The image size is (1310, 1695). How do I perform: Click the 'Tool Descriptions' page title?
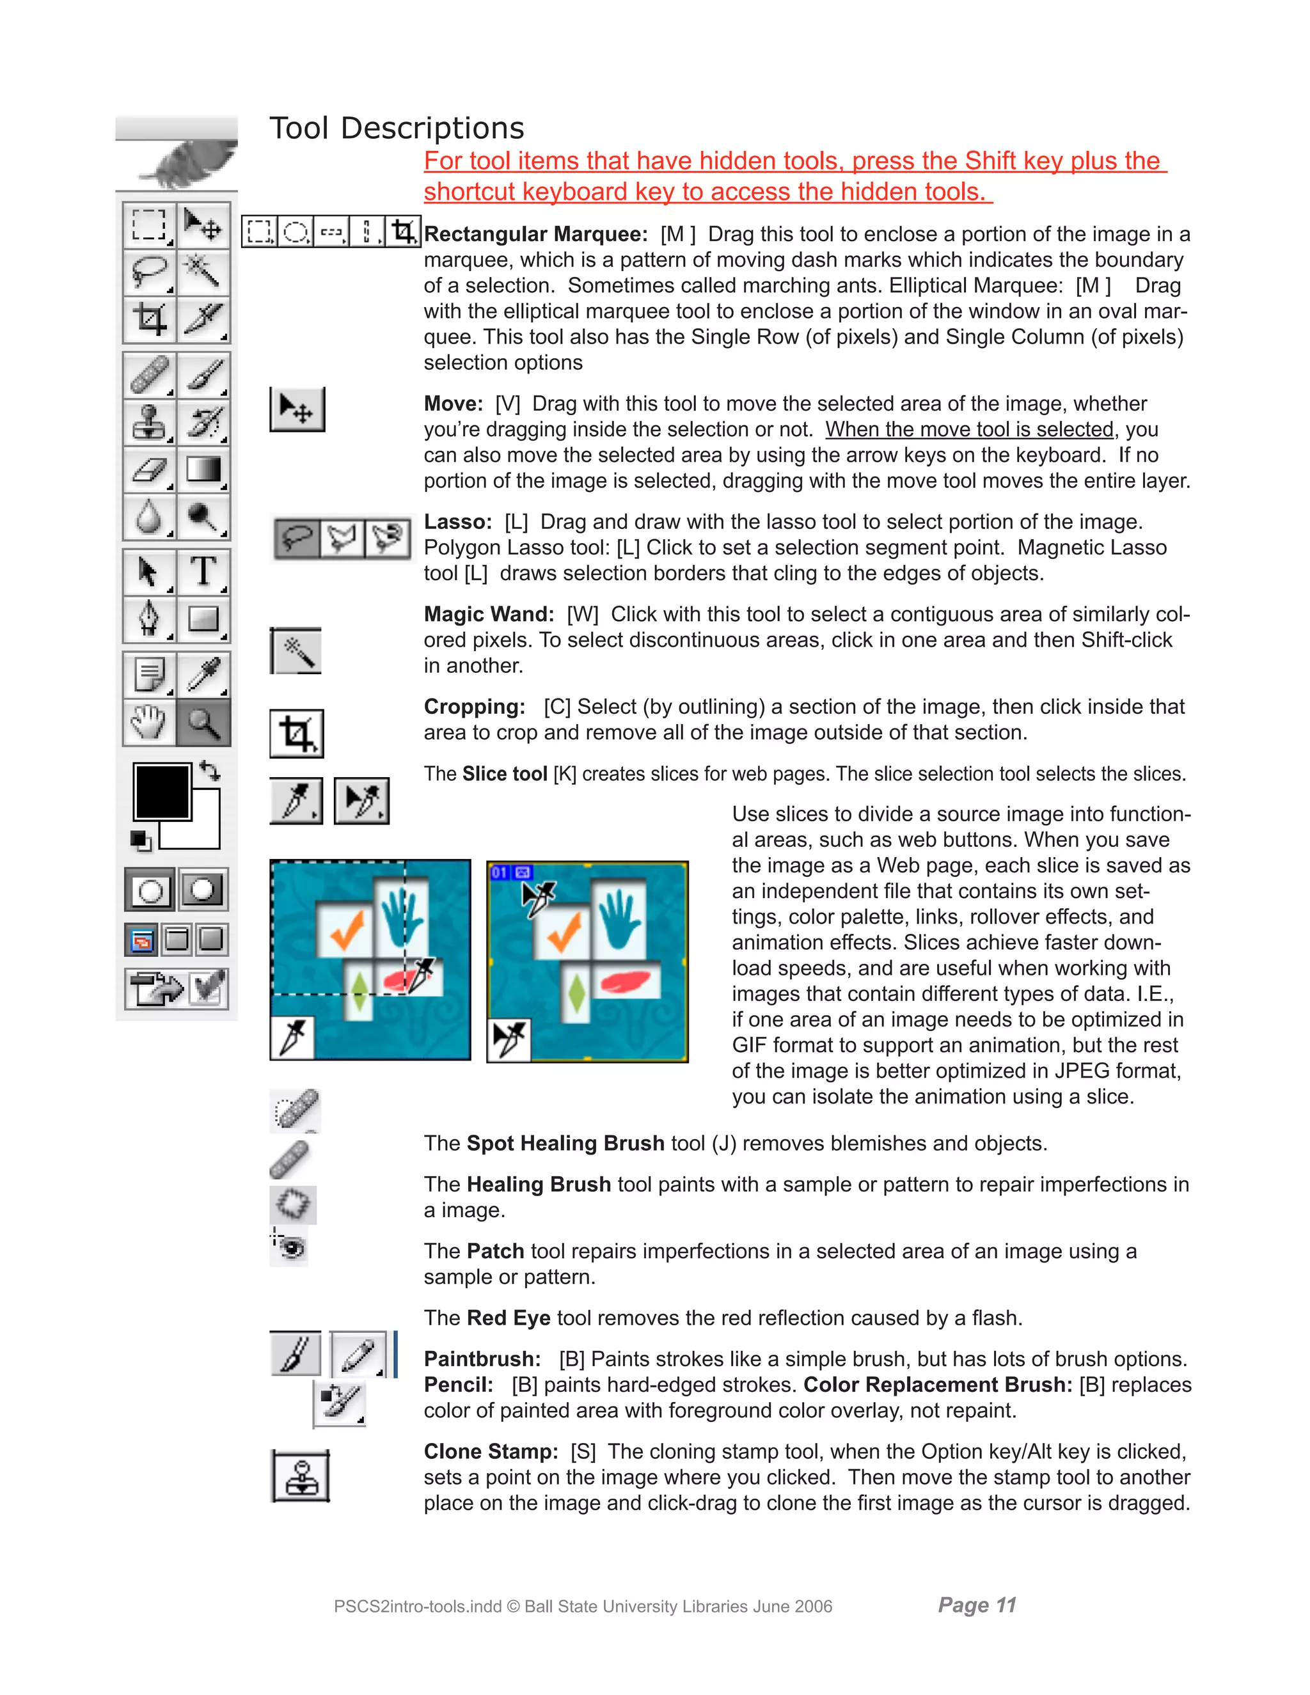click(x=397, y=128)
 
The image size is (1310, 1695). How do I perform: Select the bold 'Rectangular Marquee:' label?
click(x=535, y=233)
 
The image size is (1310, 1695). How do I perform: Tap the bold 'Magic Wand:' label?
click(x=489, y=614)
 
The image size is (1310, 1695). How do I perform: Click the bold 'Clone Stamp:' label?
click(x=491, y=1451)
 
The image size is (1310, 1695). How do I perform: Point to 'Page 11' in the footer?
click(x=976, y=1604)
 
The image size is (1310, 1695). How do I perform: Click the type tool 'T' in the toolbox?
click(x=203, y=571)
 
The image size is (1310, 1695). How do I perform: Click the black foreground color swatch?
click(x=161, y=791)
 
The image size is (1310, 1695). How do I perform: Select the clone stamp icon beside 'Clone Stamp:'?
click(x=301, y=1476)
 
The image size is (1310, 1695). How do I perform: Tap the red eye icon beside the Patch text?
click(x=291, y=1247)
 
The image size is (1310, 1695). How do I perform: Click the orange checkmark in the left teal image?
click(x=347, y=929)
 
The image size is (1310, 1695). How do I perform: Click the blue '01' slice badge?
click(x=499, y=872)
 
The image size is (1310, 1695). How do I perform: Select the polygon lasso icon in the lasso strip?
click(x=342, y=537)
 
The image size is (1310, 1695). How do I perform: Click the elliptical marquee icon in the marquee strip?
click(x=295, y=232)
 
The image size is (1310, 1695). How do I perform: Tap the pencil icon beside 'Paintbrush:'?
click(x=358, y=1354)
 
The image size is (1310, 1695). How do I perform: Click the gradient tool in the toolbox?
click(x=203, y=469)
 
